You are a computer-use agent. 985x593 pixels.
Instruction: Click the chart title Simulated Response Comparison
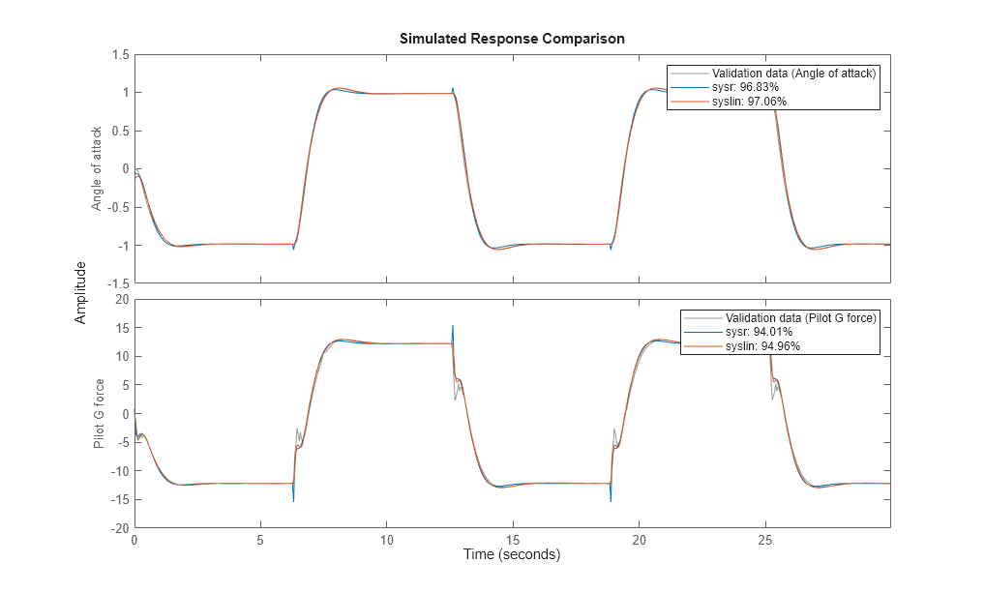pyautogui.click(x=512, y=39)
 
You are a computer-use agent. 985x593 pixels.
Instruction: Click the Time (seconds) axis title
pyautogui.click(x=512, y=555)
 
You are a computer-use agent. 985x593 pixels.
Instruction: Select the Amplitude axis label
pyautogui.click(x=81, y=292)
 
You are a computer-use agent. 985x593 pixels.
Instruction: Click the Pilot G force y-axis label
pyautogui.click(x=99, y=414)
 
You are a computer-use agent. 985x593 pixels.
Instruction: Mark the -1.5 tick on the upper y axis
pyautogui.click(x=117, y=282)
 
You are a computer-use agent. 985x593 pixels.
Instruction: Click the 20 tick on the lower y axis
pyautogui.click(x=122, y=300)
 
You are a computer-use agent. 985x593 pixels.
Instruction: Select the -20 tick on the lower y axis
pyautogui.click(x=119, y=528)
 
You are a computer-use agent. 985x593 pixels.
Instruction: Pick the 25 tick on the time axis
pyautogui.click(x=764, y=539)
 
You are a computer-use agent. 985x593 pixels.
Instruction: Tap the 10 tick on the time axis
pyautogui.click(x=386, y=539)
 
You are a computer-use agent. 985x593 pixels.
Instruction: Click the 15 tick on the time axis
pyautogui.click(x=513, y=539)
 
